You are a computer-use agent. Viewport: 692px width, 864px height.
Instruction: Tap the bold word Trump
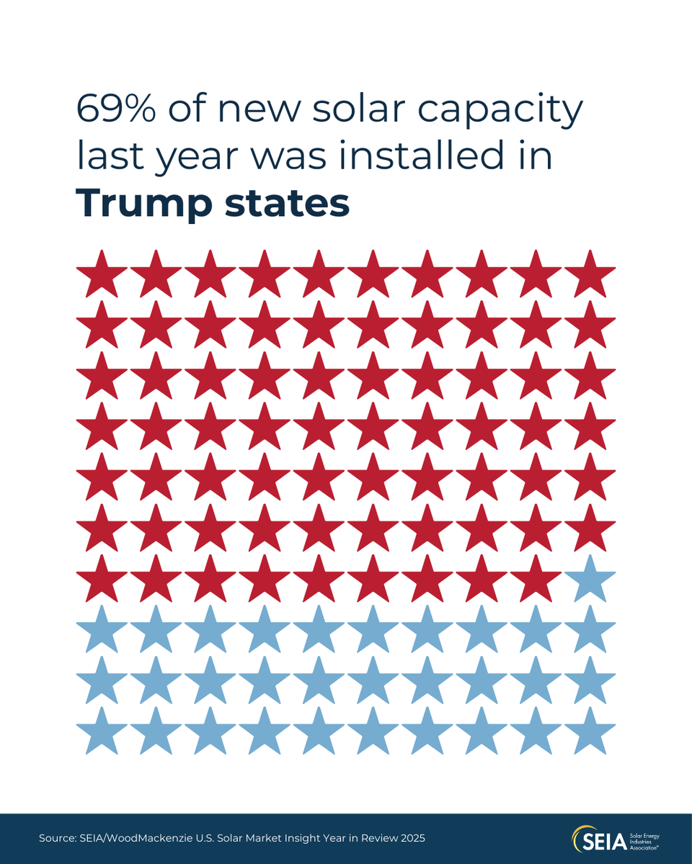[141, 204]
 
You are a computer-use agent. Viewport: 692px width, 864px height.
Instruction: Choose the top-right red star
[590, 275]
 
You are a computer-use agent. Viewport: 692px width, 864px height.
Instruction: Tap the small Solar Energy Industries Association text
[644, 840]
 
